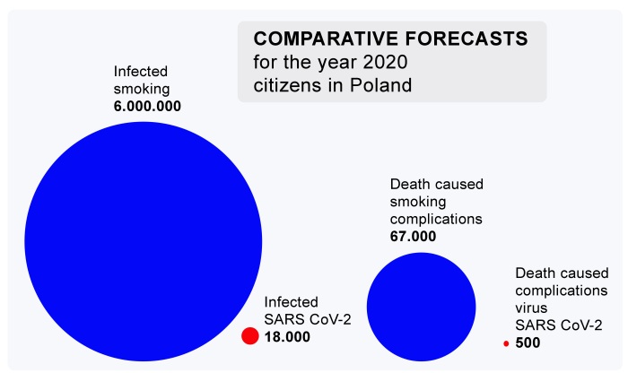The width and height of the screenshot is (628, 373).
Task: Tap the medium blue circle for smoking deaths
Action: tap(421, 306)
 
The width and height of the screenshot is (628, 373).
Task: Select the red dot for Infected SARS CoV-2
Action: tap(250, 336)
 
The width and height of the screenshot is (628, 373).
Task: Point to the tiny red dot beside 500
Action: tap(506, 343)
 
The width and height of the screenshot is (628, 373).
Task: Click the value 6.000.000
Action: tap(148, 106)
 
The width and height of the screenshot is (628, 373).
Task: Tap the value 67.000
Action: tap(413, 237)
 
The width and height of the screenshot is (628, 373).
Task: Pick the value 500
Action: tap(528, 343)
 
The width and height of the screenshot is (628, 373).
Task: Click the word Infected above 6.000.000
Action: tap(140, 71)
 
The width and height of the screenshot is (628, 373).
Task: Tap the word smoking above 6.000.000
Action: tap(141, 88)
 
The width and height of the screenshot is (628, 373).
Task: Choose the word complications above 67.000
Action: tap(436, 219)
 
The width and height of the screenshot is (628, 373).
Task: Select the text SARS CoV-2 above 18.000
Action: tap(301, 319)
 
